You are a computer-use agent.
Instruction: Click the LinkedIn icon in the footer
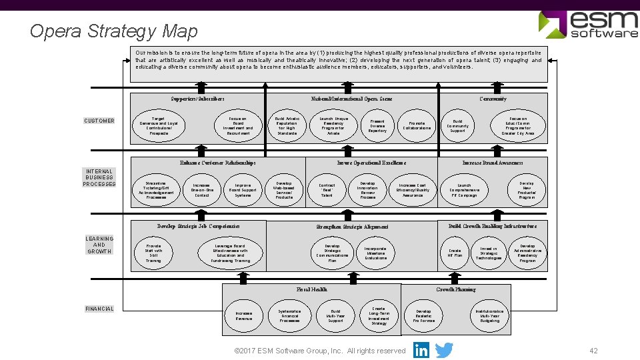coord(421,350)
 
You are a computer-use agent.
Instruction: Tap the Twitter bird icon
coord(444,350)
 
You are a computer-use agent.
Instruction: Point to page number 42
coord(593,351)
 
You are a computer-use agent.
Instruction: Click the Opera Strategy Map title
coord(114,31)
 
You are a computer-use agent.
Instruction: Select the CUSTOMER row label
coord(99,121)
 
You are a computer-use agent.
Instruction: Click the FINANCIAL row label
coord(99,309)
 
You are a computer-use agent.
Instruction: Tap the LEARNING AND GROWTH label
coord(99,245)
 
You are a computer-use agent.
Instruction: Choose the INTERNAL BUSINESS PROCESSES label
coord(99,177)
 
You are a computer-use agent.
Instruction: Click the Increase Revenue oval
coord(243,315)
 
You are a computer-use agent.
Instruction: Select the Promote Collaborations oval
coord(417,125)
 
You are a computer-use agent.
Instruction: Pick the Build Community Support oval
coord(457,125)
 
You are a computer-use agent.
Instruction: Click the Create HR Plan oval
coord(455,253)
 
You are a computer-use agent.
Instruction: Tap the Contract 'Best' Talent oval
coord(327,190)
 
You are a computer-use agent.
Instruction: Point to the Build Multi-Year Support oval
coord(335,315)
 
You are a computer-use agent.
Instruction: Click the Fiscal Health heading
coord(311,289)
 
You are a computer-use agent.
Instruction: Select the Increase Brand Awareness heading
coord(493,163)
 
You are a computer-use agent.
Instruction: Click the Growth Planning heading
coord(456,289)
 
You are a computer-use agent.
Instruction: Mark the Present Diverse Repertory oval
coord(377,125)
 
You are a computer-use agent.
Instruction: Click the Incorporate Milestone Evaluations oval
coord(375,253)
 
